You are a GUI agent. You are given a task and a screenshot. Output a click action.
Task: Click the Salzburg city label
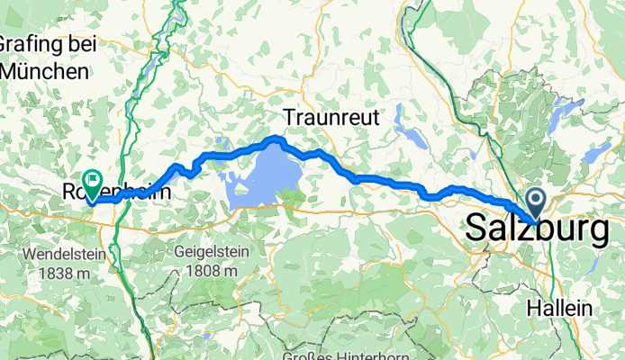538,231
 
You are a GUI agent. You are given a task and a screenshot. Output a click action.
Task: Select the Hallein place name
559,308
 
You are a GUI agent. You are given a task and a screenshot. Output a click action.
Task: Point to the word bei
77,43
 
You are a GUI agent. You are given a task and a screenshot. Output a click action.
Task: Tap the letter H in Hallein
531,308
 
